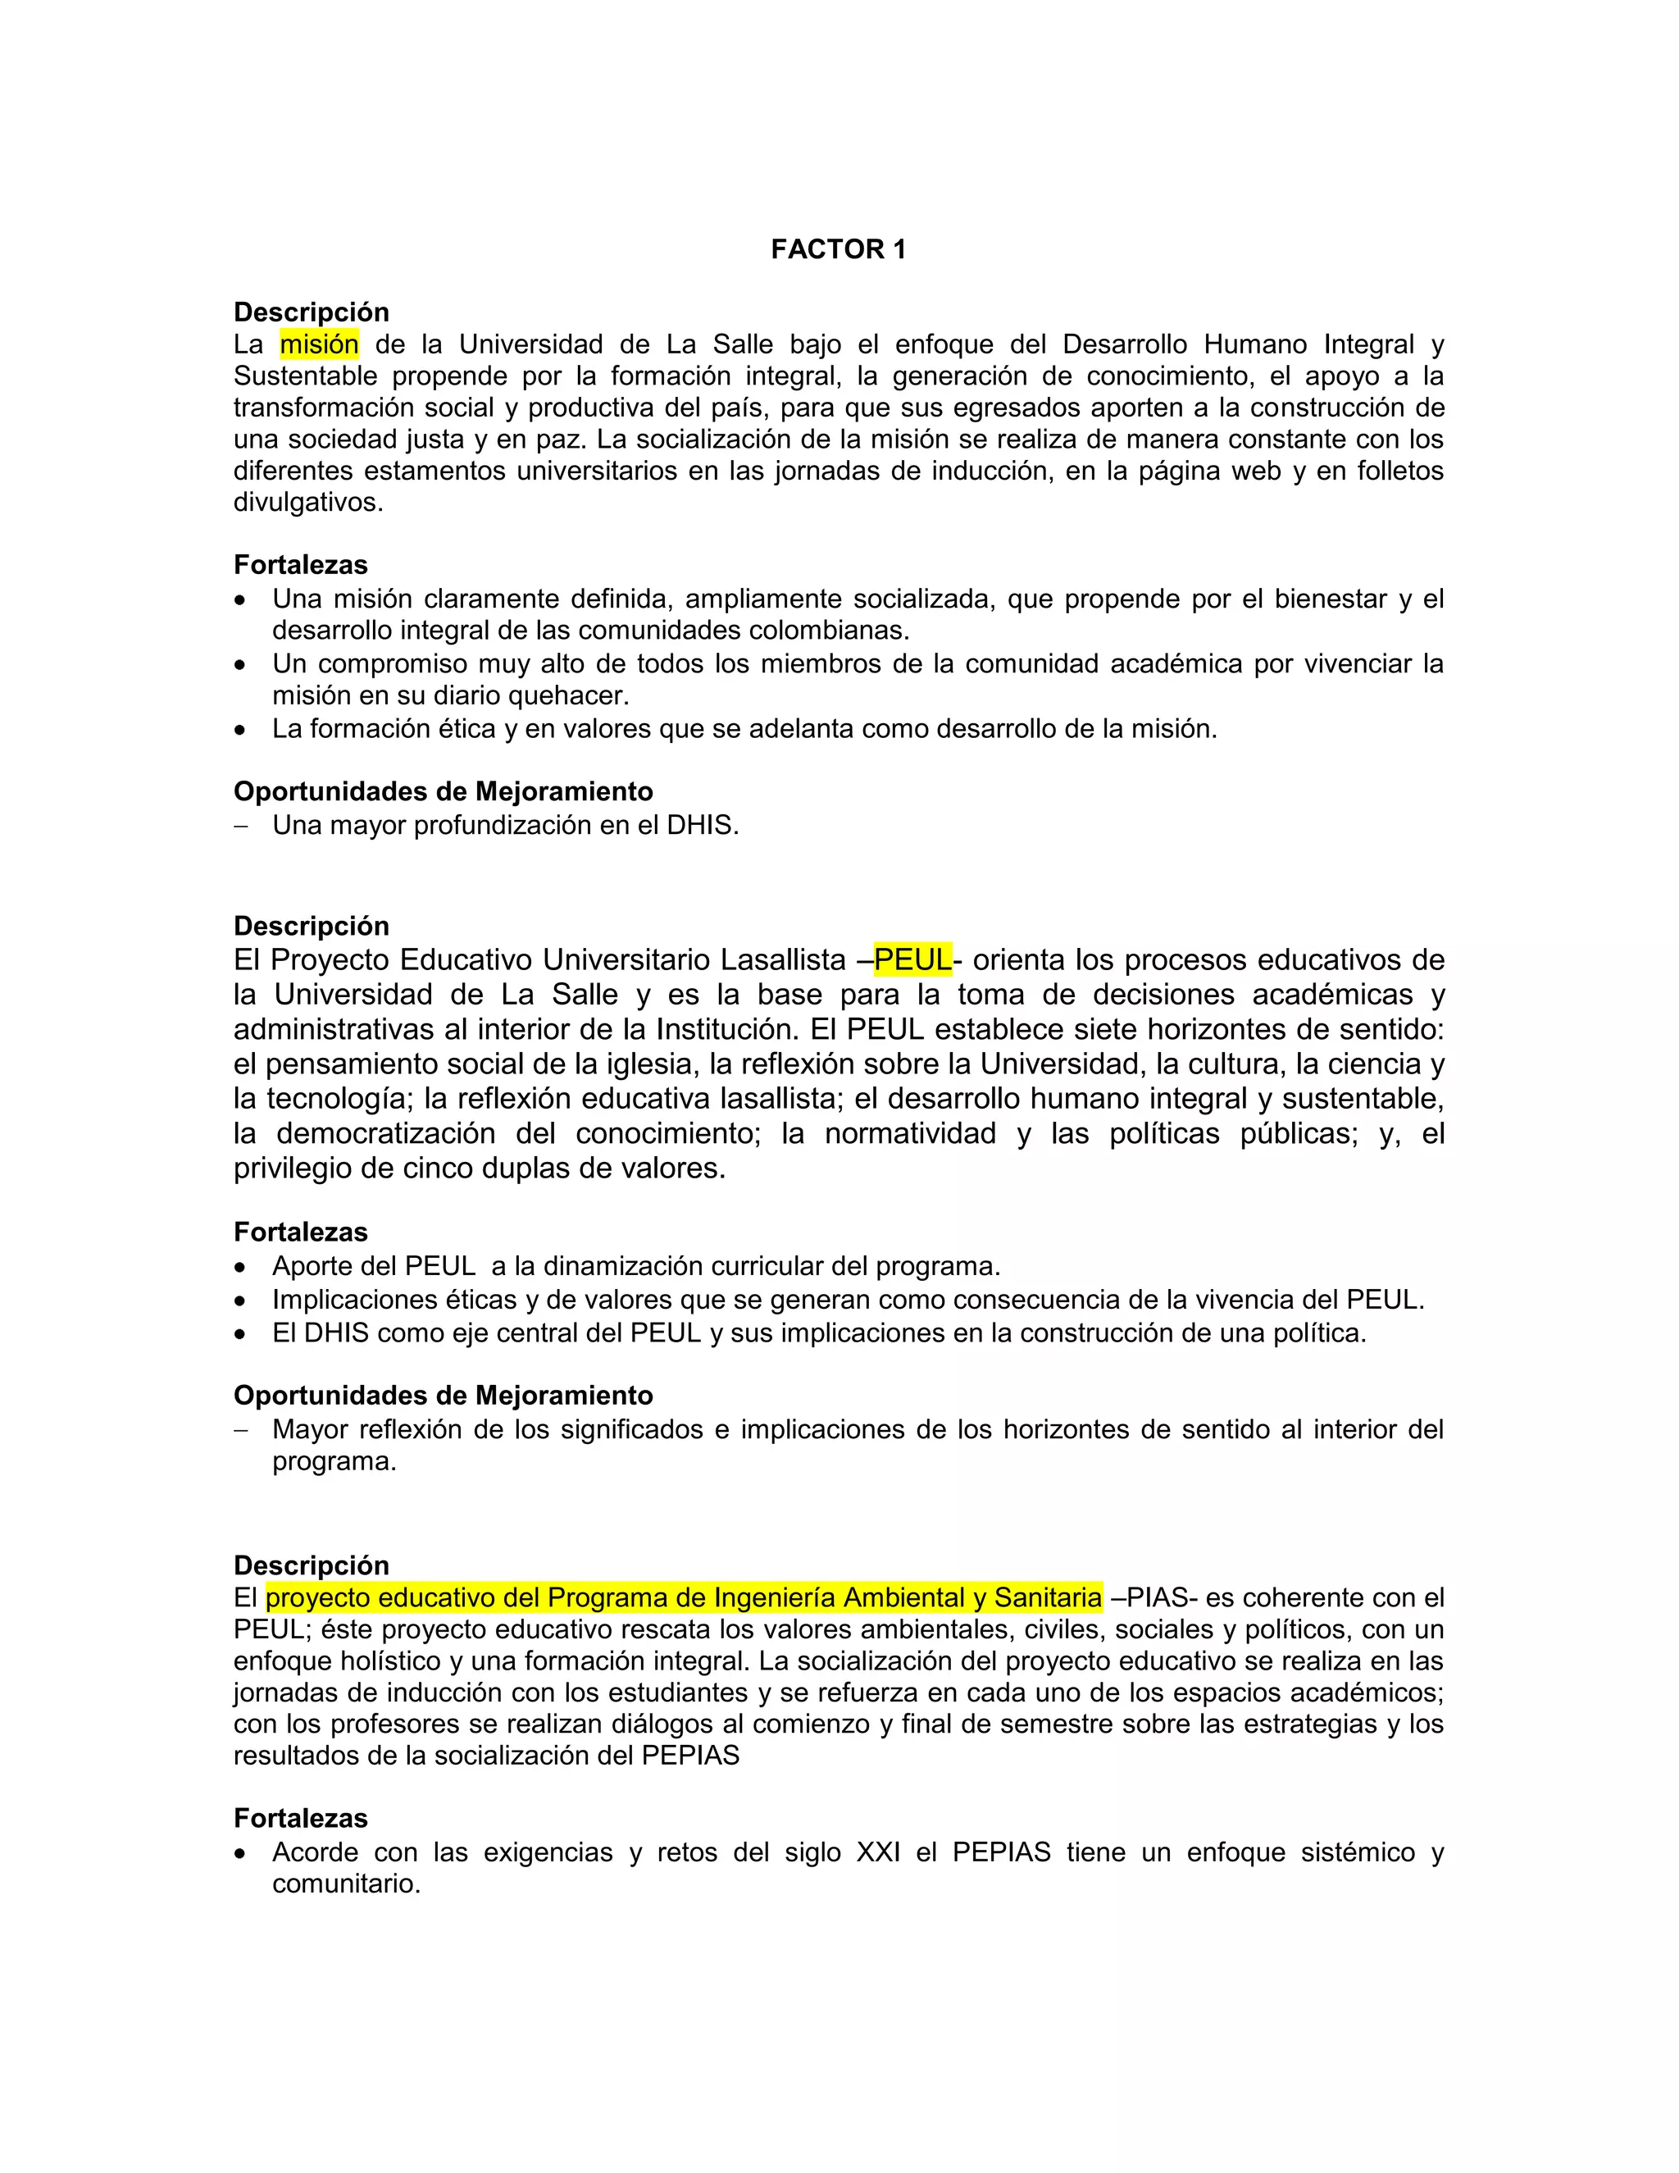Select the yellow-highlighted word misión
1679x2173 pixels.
pyautogui.click(x=319, y=344)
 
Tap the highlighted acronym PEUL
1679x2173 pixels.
pyautogui.click(x=912, y=959)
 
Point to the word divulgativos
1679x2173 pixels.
pyautogui.click(x=307, y=503)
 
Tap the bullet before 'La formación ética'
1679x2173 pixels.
pyautogui.click(x=239, y=731)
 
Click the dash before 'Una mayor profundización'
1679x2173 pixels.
pyautogui.click(x=239, y=826)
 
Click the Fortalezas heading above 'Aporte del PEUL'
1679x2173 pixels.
pyautogui.click(x=300, y=1232)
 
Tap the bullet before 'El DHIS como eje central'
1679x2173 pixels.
pyautogui.click(x=239, y=1334)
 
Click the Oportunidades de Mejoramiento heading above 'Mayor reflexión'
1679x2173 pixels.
pyautogui.click(x=443, y=1395)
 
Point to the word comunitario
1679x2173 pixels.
pyautogui.click(x=345, y=1884)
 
